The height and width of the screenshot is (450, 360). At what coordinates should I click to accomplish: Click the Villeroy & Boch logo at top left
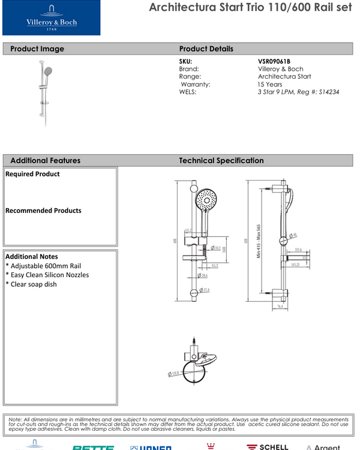pyautogui.click(x=51, y=18)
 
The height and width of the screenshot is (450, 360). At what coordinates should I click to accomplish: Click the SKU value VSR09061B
pyautogui.click(x=274, y=61)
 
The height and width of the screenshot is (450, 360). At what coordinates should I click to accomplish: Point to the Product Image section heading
pyautogui.click(x=37, y=49)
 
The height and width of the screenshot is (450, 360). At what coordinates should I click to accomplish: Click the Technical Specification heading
pyautogui.click(x=221, y=160)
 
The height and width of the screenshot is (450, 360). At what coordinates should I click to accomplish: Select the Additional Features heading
pyautogui.click(x=45, y=160)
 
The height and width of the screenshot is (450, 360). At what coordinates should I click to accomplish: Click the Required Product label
pyautogui.click(x=32, y=174)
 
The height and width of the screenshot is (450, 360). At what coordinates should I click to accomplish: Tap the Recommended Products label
pyautogui.click(x=43, y=211)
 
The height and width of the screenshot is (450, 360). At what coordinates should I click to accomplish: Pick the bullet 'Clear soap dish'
pyautogui.click(x=31, y=284)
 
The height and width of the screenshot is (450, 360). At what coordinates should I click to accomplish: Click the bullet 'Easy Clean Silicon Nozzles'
pyautogui.click(x=47, y=275)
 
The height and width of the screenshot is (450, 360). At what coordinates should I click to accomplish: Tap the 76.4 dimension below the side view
pyautogui.click(x=280, y=305)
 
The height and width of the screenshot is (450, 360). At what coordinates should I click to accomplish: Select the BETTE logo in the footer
pyautogui.click(x=93, y=447)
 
